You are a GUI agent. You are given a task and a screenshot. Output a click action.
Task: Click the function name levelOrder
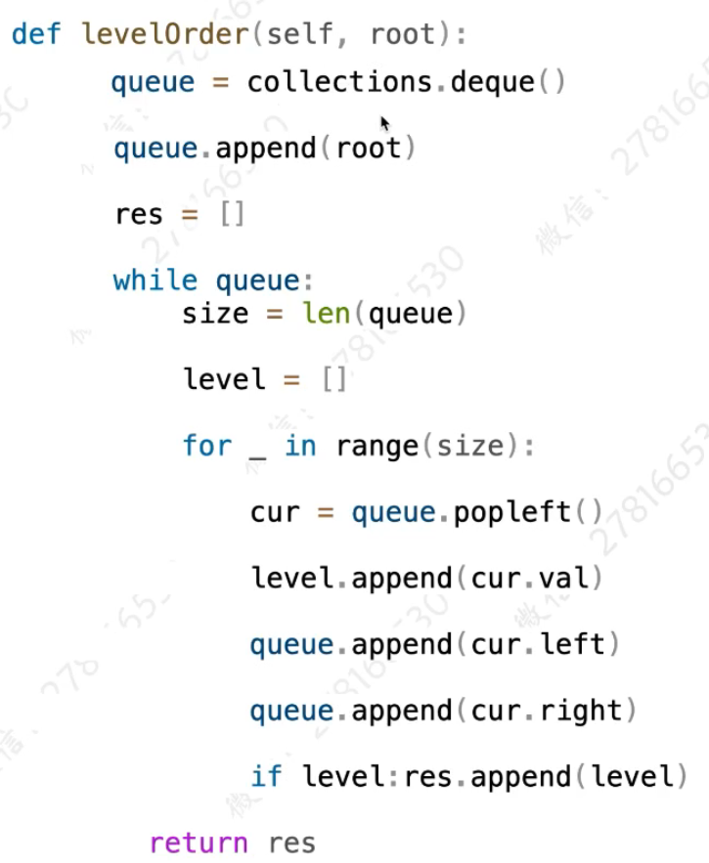[x=164, y=35]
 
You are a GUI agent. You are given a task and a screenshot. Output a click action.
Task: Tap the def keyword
[x=36, y=35]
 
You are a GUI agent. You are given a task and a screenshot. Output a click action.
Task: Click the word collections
[x=340, y=82]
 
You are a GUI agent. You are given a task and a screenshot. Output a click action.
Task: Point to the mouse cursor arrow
[x=385, y=123]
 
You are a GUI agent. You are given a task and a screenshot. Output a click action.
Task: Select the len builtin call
[x=320, y=314]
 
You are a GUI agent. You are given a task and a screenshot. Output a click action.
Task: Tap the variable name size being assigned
[x=215, y=314]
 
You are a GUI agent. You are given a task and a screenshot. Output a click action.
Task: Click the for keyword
[x=206, y=447]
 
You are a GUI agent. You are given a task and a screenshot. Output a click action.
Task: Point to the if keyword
[x=266, y=777]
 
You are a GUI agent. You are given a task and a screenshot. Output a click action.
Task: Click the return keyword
[x=199, y=842]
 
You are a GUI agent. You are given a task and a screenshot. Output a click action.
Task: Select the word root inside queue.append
[x=368, y=149]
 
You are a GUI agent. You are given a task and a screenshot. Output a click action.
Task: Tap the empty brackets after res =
[x=233, y=214]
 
